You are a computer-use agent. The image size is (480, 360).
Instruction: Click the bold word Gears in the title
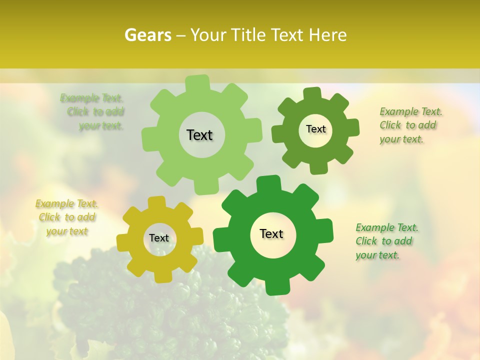coord(147,35)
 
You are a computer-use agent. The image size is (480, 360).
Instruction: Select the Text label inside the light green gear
coord(199,135)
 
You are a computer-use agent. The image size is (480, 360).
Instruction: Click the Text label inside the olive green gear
coord(315,129)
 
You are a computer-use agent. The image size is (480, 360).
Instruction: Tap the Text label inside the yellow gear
coord(159,238)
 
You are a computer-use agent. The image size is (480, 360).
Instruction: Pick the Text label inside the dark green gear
coord(271,233)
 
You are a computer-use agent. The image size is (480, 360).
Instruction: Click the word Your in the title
coord(208,35)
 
